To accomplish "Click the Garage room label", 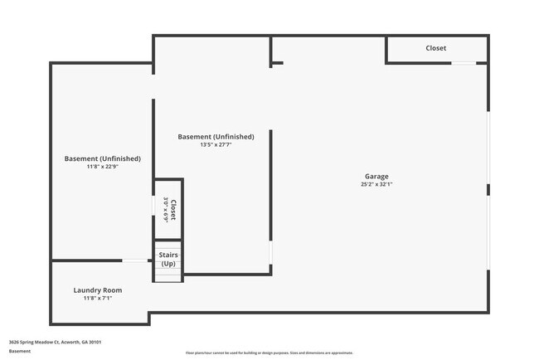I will (377, 176).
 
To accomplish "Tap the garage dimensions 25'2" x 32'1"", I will (377, 184).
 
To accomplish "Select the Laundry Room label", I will (98, 289).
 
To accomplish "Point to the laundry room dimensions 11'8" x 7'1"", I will (98, 298).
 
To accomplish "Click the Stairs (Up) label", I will (168, 259).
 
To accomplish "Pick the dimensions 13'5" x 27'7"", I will (216, 145).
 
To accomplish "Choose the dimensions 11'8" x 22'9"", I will (103, 167).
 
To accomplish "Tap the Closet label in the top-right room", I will (436, 48).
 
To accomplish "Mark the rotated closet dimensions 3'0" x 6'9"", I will (166, 209).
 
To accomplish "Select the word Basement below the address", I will (20, 351).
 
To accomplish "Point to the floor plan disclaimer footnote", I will (269, 353).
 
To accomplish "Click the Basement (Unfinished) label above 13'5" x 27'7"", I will (216, 136).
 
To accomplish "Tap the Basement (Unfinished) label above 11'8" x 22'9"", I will (103, 158).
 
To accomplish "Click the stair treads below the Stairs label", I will (168, 275).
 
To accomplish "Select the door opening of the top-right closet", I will (464, 63).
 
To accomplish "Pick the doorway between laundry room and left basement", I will (134, 261).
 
